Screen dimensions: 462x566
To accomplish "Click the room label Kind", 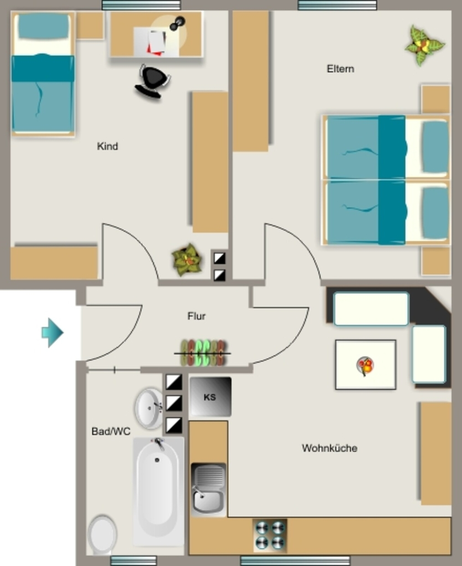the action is [x=107, y=146].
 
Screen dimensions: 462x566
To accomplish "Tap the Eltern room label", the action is [x=340, y=69].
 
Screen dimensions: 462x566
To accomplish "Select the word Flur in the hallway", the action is [x=196, y=316].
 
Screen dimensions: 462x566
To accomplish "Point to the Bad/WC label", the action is [x=111, y=431].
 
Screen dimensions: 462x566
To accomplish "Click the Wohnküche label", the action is [x=329, y=448].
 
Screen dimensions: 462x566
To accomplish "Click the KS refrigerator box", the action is [x=211, y=397].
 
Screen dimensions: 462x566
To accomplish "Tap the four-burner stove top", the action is [x=270, y=535].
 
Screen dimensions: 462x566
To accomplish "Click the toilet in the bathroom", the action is [x=103, y=534].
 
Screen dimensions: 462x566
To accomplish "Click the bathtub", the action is [x=159, y=491].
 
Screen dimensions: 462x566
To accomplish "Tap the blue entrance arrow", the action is [x=53, y=332].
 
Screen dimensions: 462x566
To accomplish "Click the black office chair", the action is [x=153, y=81].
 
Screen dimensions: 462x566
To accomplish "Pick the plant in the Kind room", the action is [x=187, y=260].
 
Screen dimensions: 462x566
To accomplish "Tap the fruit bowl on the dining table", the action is [x=365, y=366].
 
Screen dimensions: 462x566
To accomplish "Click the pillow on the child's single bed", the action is [x=43, y=27].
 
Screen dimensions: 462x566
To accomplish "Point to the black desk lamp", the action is [x=177, y=23].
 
